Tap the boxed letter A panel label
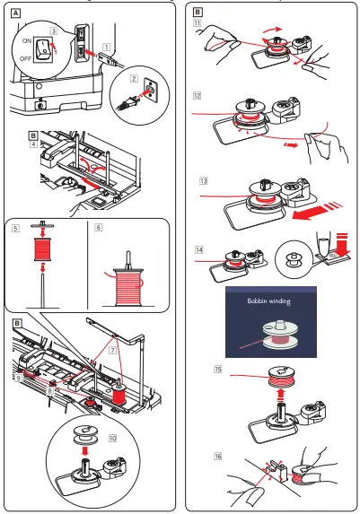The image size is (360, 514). (x=12, y=13)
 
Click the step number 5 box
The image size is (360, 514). (x=15, y=228)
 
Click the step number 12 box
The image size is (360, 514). (x=203, y=93)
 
